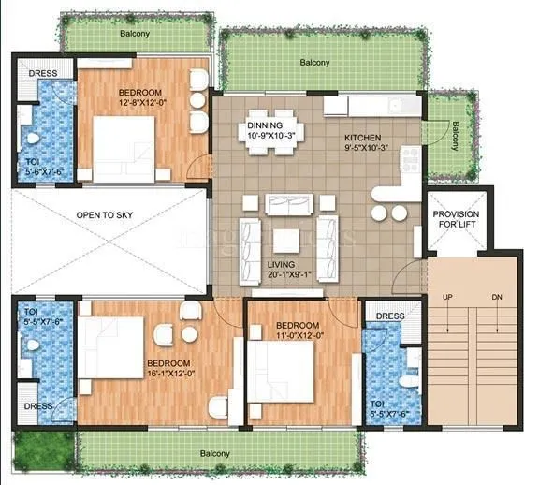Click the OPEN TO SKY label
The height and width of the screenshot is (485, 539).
[104, 215]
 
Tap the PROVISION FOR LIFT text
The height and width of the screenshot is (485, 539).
[456, 219]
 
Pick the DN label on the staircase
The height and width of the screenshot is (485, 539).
[496, 299]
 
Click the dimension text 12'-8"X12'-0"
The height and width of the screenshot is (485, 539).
[143, 104]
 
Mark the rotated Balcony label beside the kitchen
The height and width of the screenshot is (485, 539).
[456, 136]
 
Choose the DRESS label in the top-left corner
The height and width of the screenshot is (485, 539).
[42, 74]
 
